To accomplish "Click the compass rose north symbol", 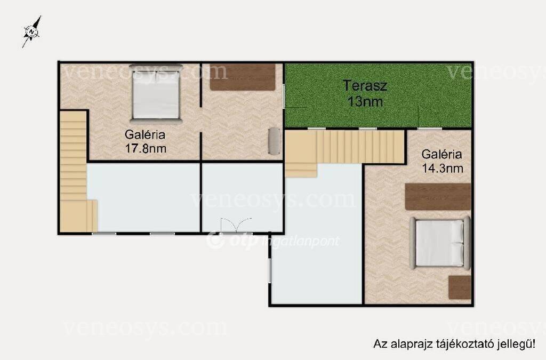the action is coord(32,31).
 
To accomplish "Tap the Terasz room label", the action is coord(365,86).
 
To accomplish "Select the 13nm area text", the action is coord(365,102).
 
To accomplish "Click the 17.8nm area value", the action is coord(146,149).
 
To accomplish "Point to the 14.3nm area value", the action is coord(443,169).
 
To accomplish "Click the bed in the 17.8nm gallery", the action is coord(156,93).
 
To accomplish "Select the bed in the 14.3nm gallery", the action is coord(440,243).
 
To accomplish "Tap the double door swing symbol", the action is coord(236,225).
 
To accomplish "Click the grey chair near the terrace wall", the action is coord(275,141).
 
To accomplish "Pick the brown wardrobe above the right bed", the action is coord(438,197).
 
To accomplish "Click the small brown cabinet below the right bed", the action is coord(460,287).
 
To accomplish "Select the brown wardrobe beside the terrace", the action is coord(243,77).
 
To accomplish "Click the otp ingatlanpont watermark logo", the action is coord(272,241).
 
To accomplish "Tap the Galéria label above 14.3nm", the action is coord(442,154).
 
